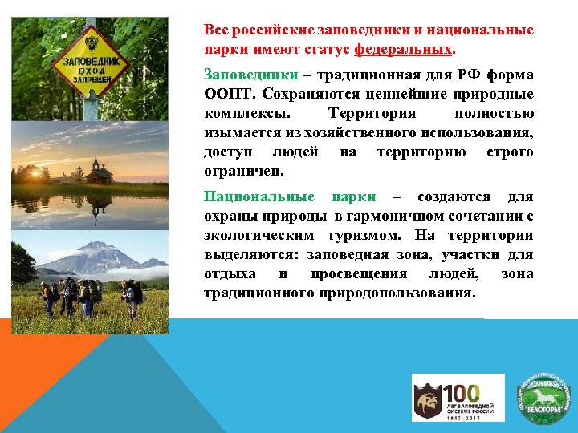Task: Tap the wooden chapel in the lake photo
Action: click(100, 169)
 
